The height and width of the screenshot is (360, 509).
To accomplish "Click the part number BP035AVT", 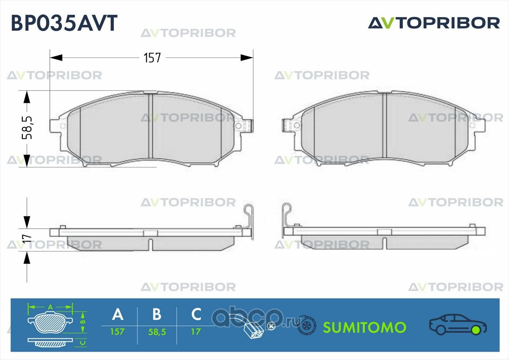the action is click(64, 23).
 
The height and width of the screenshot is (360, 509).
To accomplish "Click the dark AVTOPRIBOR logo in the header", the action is click(434, 23).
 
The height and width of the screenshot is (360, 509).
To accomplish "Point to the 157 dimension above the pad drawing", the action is click(152, 58).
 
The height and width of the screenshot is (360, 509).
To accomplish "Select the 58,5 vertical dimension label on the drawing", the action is click(27, 128).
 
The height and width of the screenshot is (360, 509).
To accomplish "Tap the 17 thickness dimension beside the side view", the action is click(27, 238).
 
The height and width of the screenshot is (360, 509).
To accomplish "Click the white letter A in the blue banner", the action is click(118, 315).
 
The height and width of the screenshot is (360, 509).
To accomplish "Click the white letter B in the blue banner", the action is click(157, 315).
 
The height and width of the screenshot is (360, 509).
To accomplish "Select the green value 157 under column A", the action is click(117, 332).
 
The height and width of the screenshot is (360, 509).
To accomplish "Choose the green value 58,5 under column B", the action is click(157, 332).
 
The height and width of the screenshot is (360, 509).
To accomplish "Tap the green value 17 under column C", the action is click(195, 332).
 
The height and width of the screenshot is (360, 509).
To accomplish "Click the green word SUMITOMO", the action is click(365, 328).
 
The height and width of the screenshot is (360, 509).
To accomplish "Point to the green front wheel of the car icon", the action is click(477, 330).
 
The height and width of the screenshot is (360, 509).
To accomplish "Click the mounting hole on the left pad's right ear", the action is click(239, 126).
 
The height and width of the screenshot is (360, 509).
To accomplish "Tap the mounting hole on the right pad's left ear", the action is click(297, 125).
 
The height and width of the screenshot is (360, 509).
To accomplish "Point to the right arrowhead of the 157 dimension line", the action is click(247, 58).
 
